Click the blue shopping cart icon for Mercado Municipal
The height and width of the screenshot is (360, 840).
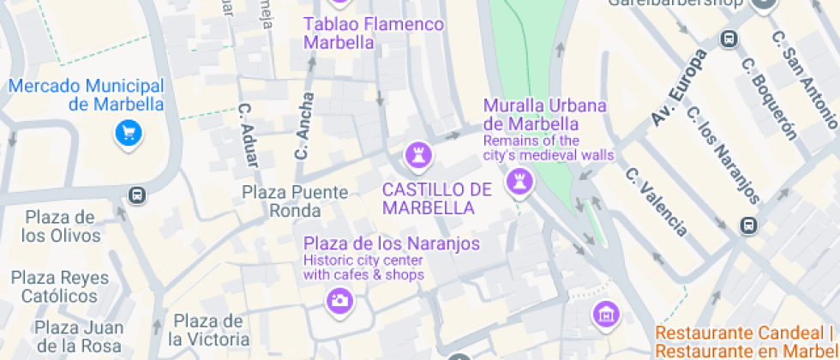click(x=129, y=133)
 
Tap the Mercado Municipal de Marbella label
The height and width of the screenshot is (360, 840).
click(x=86, y=95)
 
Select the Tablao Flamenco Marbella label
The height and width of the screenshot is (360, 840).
click(x=374, y=33)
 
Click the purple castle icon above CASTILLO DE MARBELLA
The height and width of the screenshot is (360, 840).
click(x=418, y=156)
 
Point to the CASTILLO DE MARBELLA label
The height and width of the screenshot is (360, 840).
click(x=436, y=198)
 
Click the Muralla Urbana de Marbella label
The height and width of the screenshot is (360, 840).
click(x=545, y=114)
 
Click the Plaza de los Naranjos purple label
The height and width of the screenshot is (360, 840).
click(x=392, y=243)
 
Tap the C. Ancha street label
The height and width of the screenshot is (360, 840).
click(x=304, y=127)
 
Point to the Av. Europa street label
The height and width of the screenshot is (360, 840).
click(x=679, y=87)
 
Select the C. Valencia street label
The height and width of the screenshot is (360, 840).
click(x=657, y=201)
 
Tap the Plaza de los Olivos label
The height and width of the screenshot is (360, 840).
click(x=59, y=225)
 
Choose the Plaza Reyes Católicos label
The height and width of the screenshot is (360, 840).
click(x=59, y=286)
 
